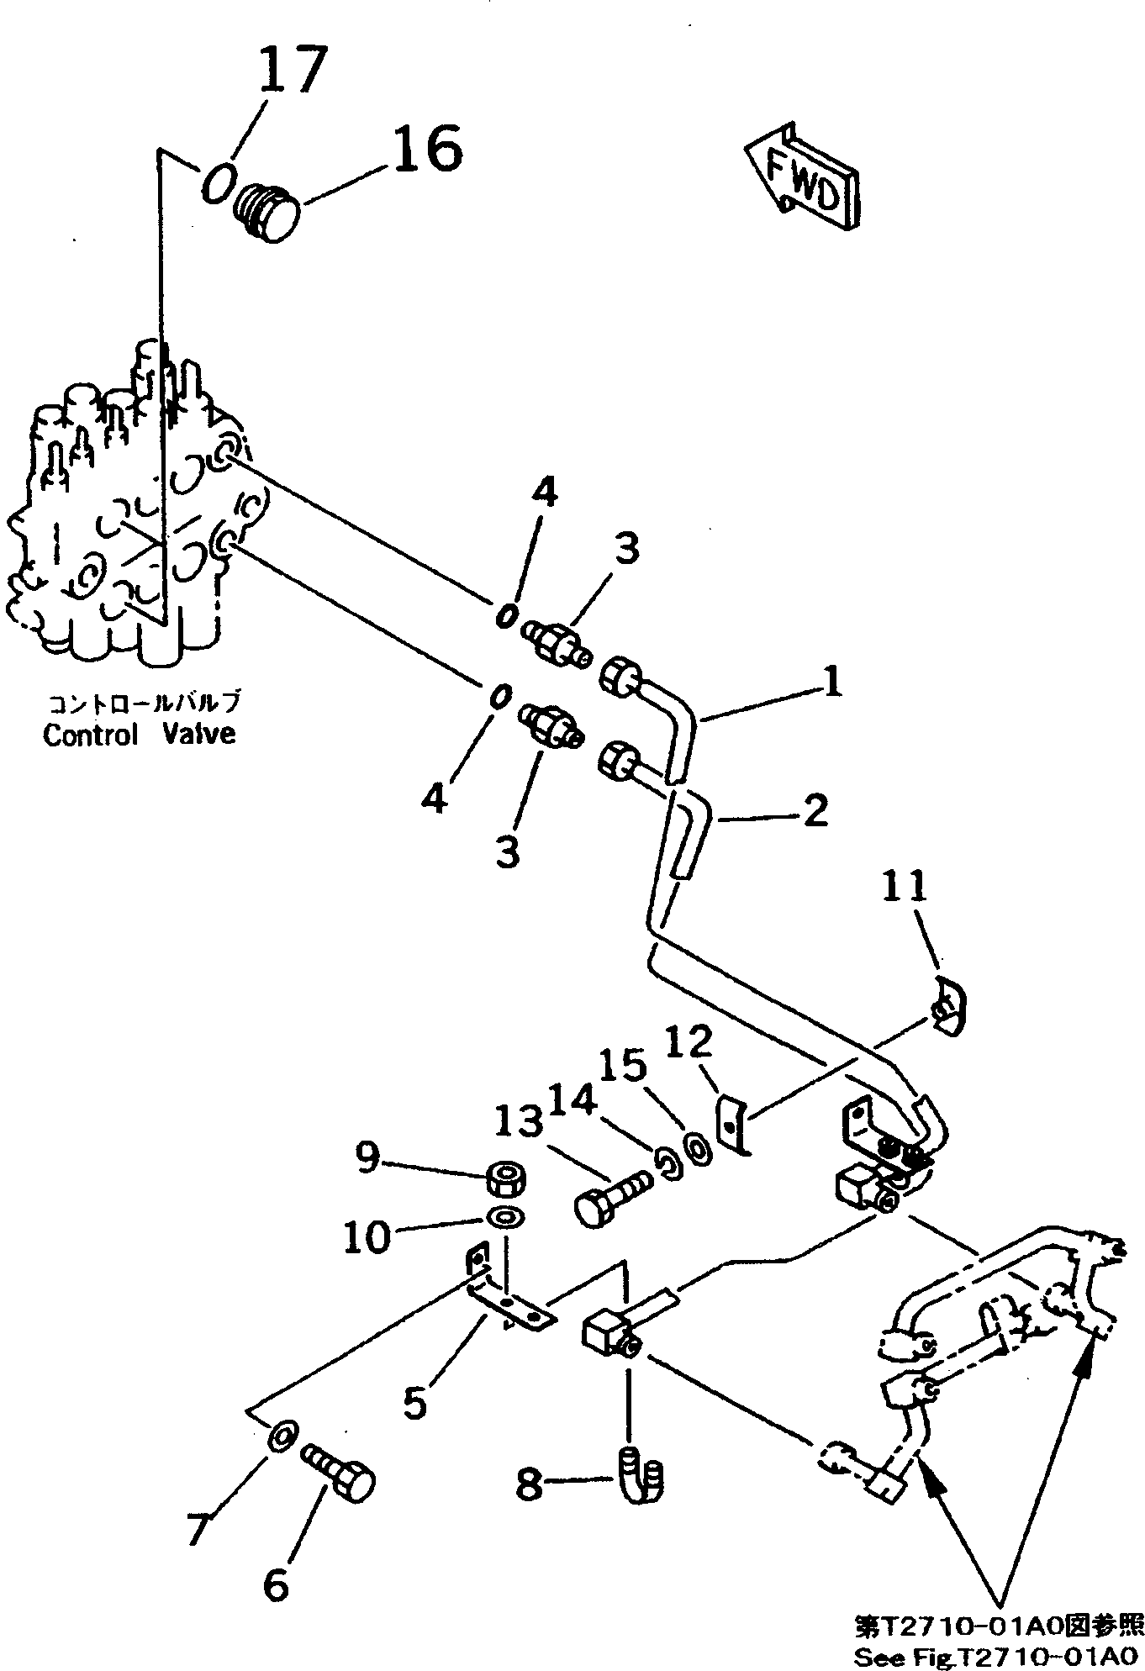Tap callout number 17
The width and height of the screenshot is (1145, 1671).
click(x=291, y=71)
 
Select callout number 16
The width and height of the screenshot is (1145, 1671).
click(x=426, y=149)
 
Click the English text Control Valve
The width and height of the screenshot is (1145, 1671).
click(x=139, y=734)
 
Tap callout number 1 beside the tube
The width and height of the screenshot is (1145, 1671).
click(x=831, y=683)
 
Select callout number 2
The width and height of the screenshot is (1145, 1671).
click(x=815, y=810)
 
